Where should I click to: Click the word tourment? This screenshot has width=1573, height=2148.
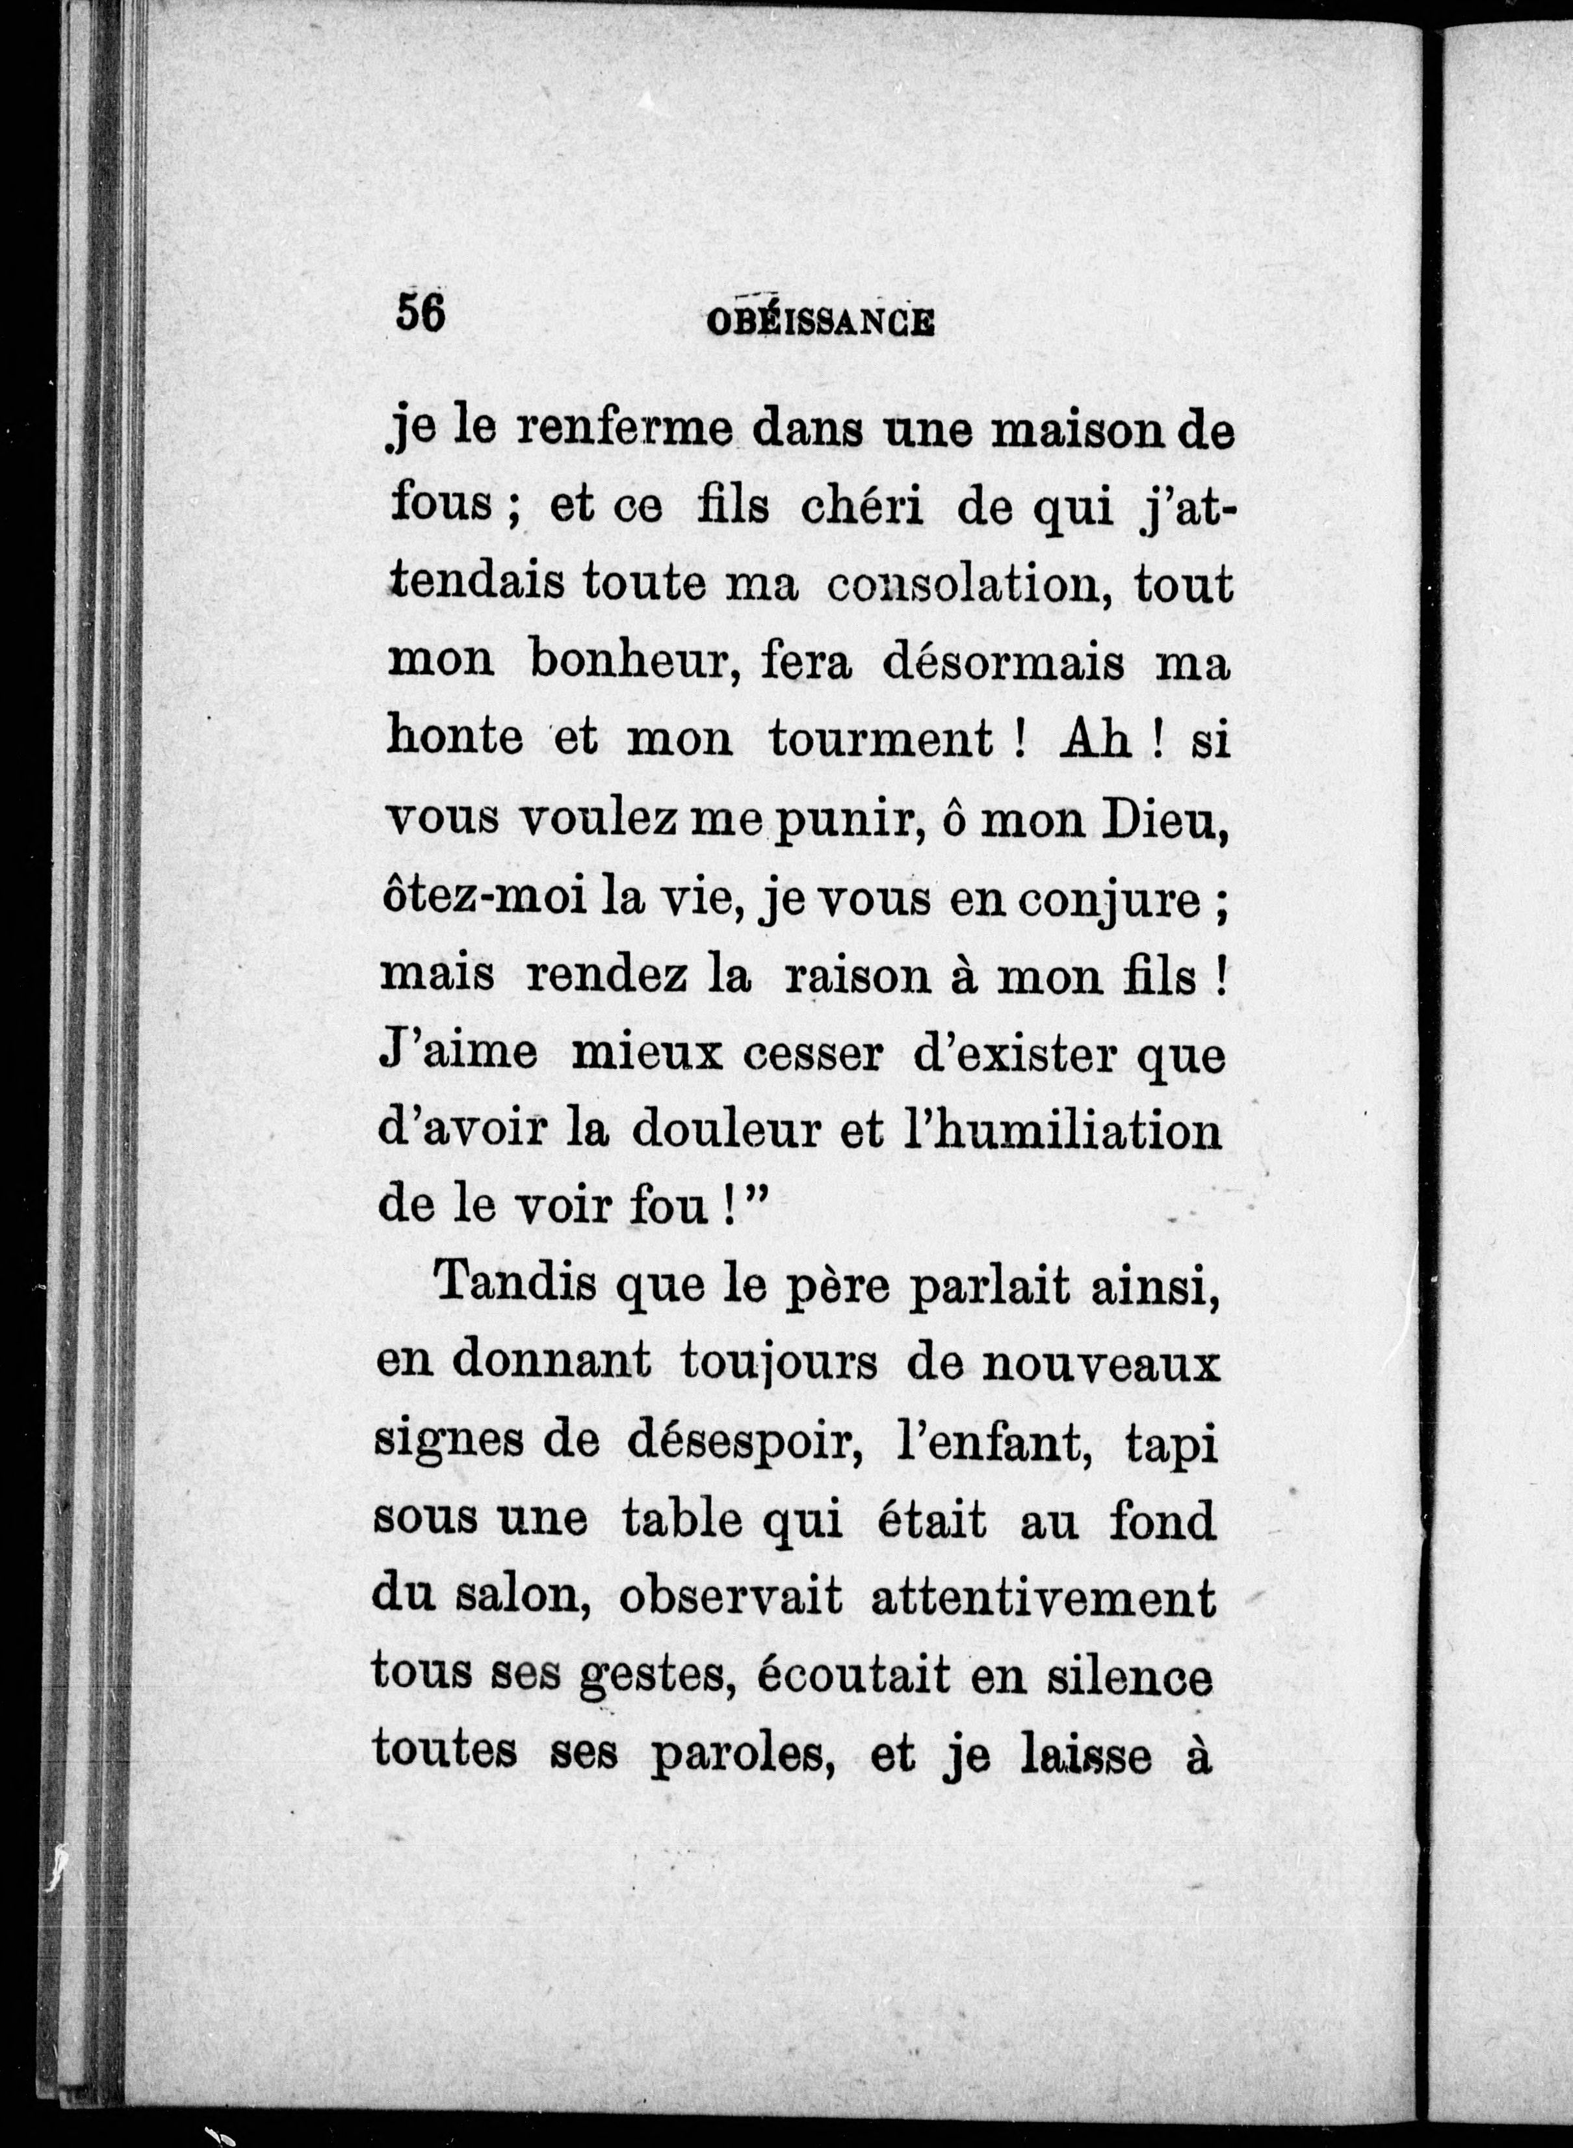tap(881, 740)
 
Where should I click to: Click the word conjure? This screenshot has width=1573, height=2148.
tap(1110, 900)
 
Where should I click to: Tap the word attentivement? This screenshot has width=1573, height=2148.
tap(1043, 1597)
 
